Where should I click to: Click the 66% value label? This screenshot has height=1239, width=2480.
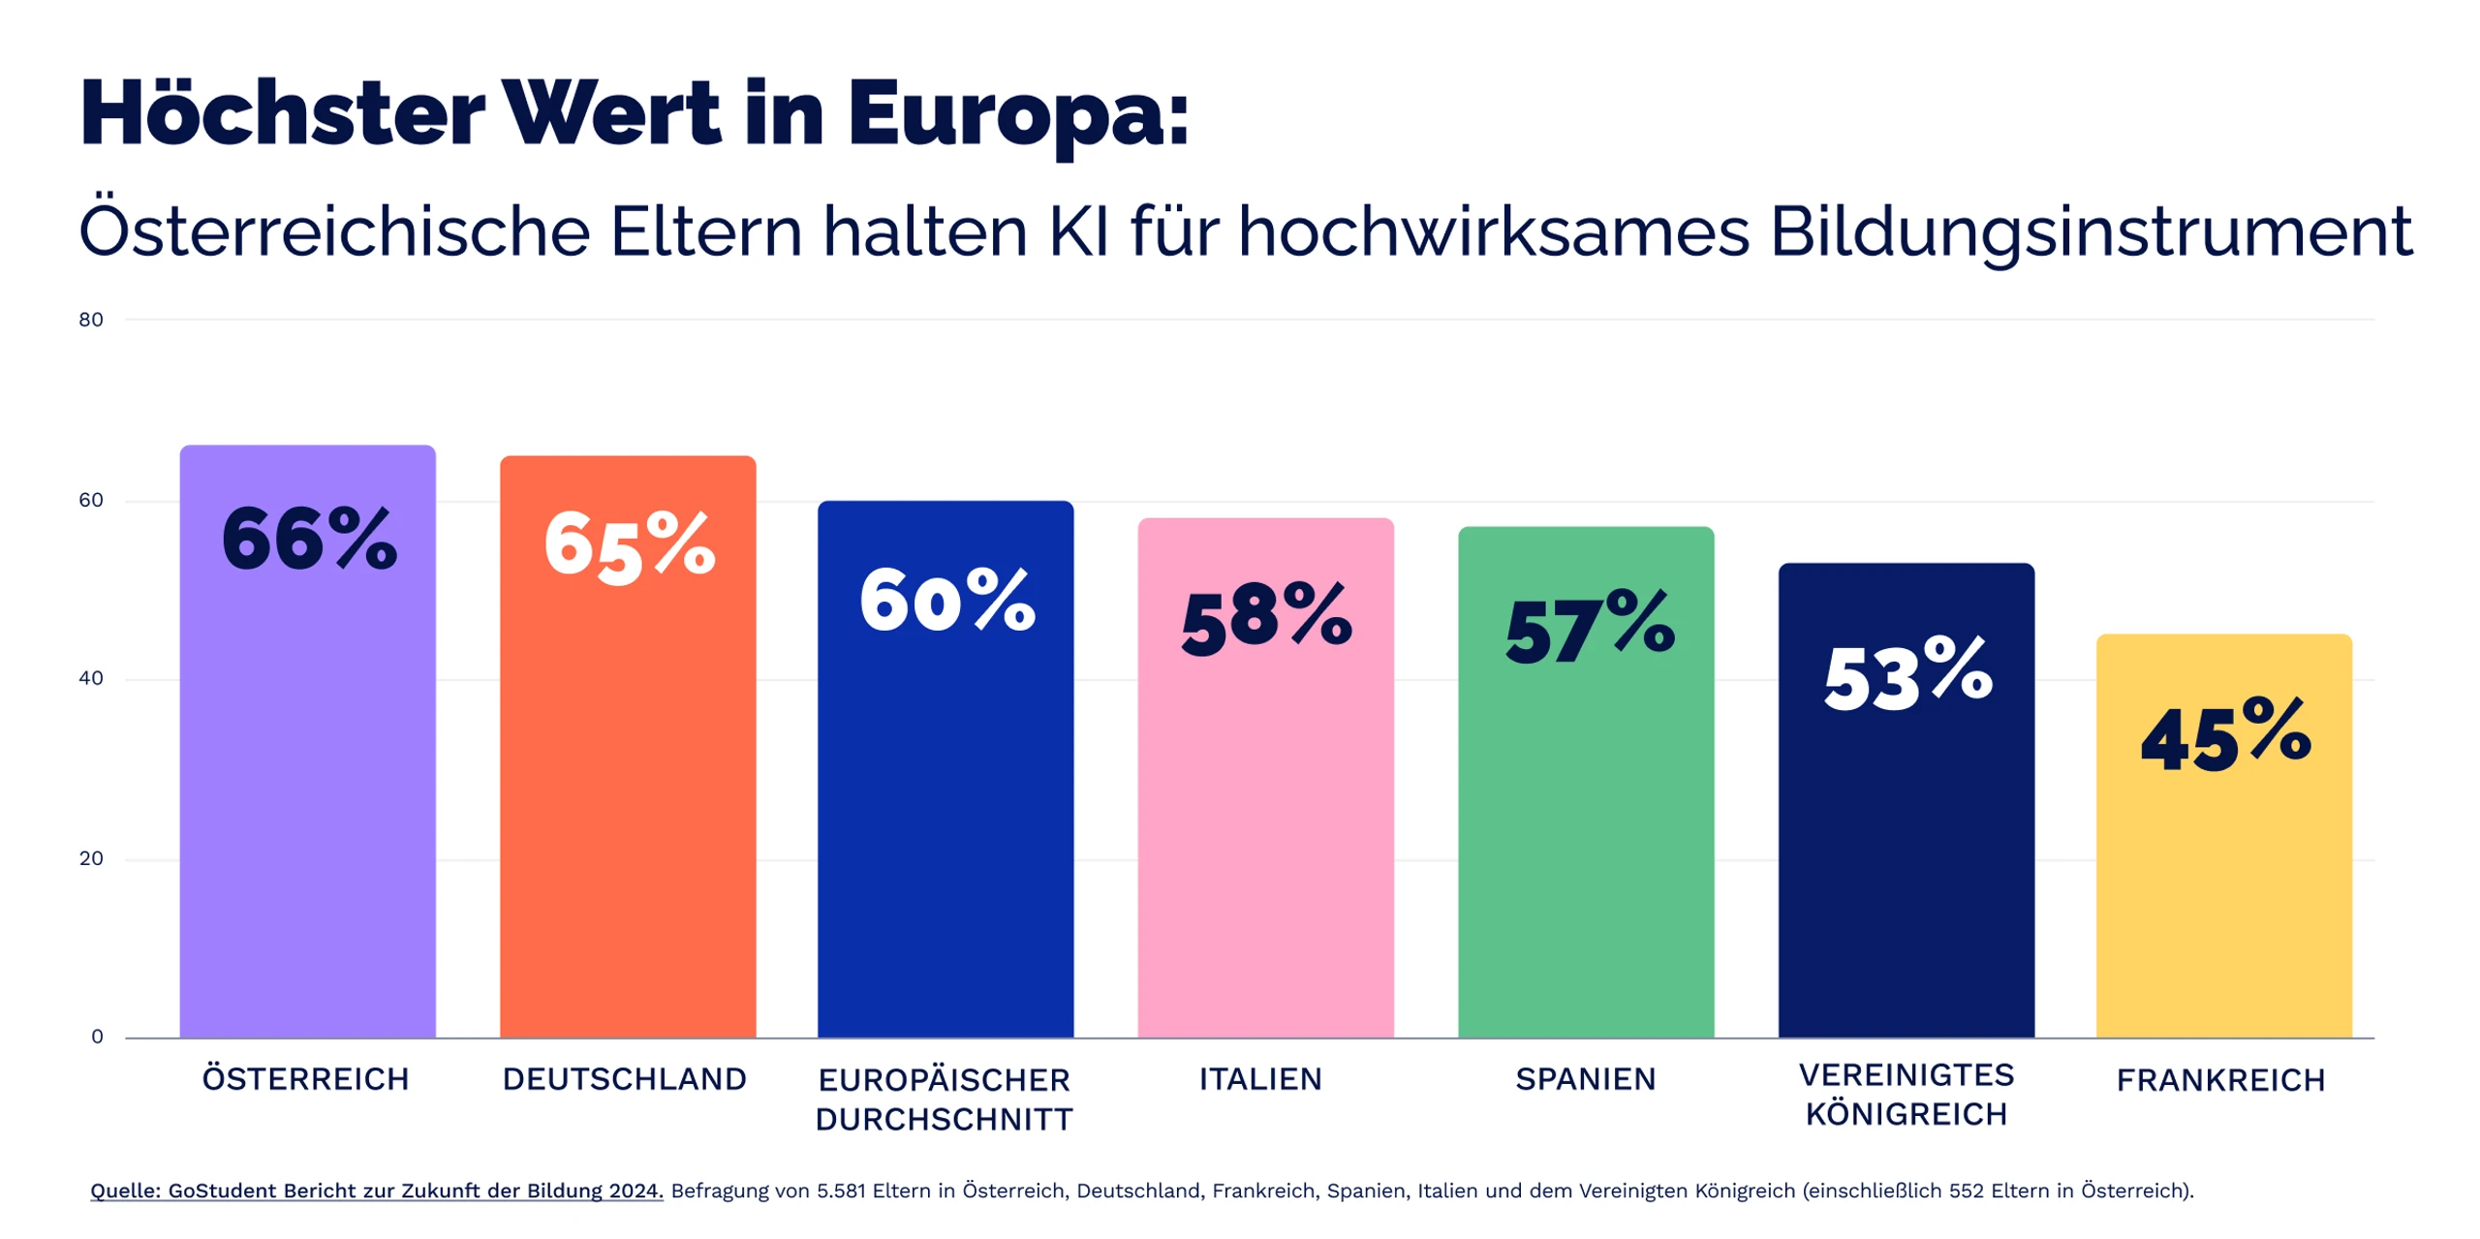click(309, 539)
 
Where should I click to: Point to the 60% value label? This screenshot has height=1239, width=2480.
click(946, 601)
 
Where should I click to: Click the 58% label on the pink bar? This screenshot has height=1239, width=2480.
click(1265, 618)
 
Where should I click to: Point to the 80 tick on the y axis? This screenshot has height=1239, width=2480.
click(91, 320)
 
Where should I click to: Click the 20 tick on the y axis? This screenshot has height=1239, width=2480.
click(91, 858)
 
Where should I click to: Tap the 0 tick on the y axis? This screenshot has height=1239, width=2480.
click(97, 1037)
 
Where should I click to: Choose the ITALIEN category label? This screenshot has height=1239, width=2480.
click(1260, 1078)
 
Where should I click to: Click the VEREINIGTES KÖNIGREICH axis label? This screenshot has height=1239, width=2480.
click(1906, 1095)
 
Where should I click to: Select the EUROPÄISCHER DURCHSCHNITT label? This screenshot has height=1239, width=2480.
click(945, 1100)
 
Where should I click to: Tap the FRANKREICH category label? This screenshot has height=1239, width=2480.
click(2220, 1079)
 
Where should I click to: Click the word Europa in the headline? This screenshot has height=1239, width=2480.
click(1017, 114)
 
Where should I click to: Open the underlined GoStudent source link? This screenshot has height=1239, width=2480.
click(377, 1191)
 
